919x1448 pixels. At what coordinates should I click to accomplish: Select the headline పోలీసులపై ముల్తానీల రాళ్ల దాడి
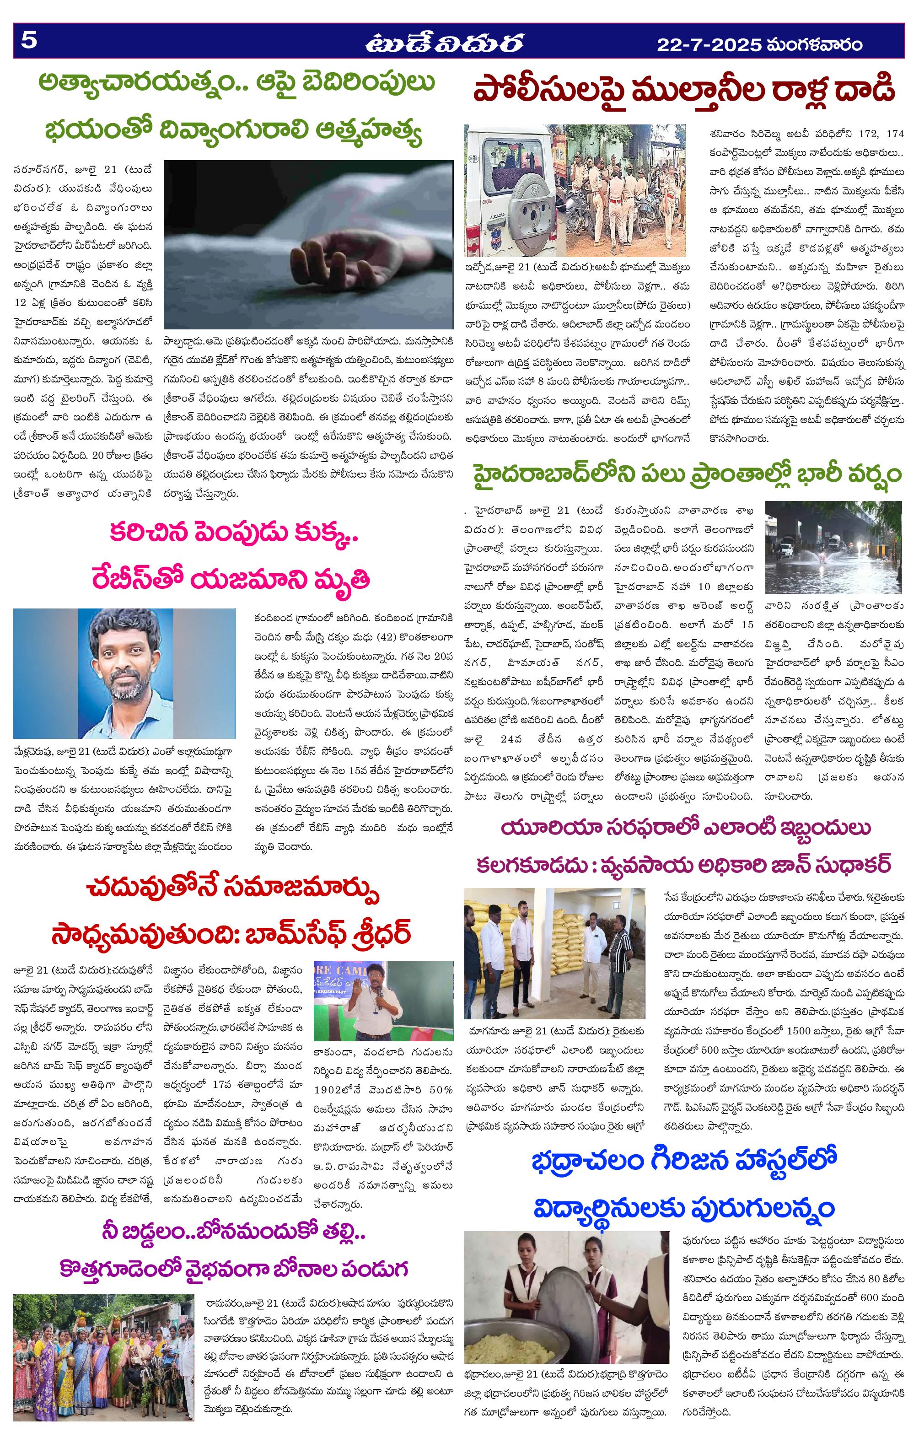click(684, 90)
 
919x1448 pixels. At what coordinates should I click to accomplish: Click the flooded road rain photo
click(833, 547)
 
